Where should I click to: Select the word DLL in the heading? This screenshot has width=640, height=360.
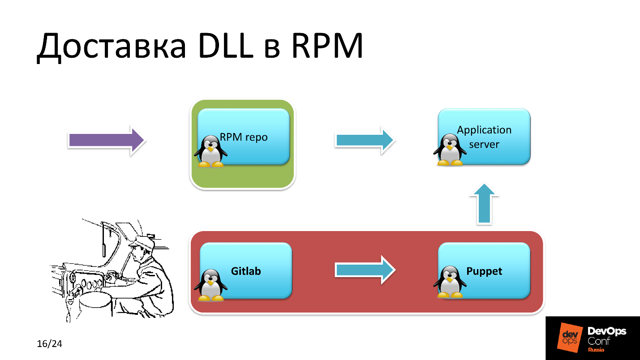pos(224,46)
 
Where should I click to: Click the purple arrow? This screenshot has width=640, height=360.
pos(107,141)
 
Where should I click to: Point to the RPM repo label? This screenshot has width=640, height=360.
pos(244,137)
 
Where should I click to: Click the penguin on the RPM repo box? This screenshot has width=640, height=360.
pos(210,151)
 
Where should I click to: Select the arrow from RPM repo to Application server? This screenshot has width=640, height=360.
pos(365,141)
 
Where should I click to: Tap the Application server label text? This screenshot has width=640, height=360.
pos(484,137)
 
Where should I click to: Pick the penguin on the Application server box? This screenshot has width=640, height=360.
pos(450,150)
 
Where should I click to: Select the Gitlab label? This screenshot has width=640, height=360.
pos(246,271)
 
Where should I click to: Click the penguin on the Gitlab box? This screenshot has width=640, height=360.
pos(210,285)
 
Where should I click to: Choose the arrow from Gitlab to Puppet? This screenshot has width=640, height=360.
pos(365,270)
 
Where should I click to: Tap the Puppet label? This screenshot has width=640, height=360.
pos(484,271)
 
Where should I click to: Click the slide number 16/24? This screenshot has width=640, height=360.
pos(49,344)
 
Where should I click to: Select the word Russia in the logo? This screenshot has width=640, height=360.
pos(596,350)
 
